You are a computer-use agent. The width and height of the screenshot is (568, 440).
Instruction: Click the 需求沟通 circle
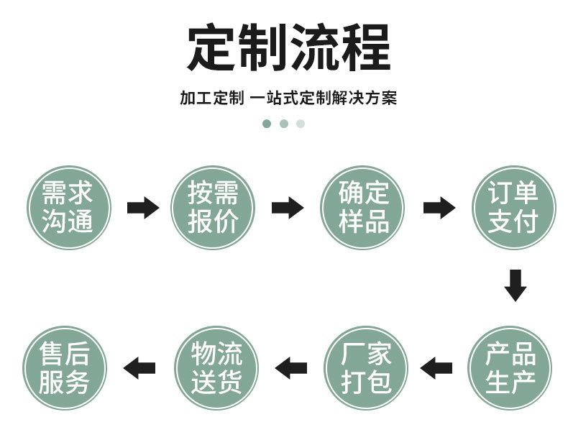[70, 208]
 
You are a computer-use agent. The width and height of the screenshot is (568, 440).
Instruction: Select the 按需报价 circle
[213, 208]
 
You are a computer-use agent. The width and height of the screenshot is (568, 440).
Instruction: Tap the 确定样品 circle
[362, 208]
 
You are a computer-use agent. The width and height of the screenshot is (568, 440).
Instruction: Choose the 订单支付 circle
[513, 208]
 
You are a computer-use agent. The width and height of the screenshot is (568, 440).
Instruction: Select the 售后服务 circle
[65, 368]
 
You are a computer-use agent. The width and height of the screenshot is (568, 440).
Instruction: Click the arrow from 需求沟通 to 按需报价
[142, 208]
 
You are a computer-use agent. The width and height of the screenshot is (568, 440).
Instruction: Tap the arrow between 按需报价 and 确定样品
[287, 208]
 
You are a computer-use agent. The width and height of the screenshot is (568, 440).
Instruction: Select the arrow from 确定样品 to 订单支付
[439, 208]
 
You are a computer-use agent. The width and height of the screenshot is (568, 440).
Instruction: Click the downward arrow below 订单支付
[515, 285]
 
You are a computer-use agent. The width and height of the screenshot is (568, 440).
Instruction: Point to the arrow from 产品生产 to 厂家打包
[436, 368]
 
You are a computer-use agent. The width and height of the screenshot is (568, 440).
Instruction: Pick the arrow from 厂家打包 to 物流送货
[291, 368]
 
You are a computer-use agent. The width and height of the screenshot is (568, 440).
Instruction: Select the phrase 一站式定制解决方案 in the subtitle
[324, 98]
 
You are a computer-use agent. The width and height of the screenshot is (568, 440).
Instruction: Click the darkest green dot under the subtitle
[267, 124]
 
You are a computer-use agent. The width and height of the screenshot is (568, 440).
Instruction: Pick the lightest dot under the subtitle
[301, 124]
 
